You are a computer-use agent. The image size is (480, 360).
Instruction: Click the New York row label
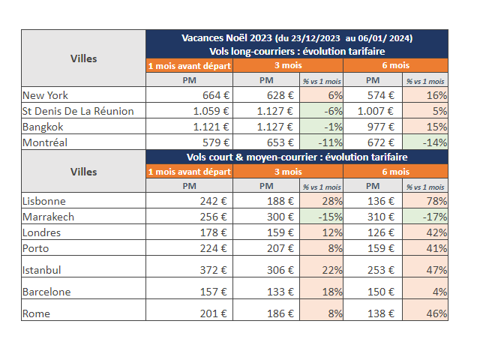pos(46,95)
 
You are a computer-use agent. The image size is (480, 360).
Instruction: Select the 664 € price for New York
pos(214,95)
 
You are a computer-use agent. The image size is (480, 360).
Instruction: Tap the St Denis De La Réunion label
pos(78,111)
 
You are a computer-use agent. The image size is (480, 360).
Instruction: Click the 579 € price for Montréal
pos(214,142)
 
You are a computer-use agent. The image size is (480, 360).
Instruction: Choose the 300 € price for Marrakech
pos(279,217)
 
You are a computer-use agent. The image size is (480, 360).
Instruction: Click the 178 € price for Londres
pos(214,232)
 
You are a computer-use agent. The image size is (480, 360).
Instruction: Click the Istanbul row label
pos(42,269)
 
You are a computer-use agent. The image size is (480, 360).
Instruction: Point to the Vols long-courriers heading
pos(296,51)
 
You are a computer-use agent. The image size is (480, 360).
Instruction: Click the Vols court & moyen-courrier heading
pos(296,157)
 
